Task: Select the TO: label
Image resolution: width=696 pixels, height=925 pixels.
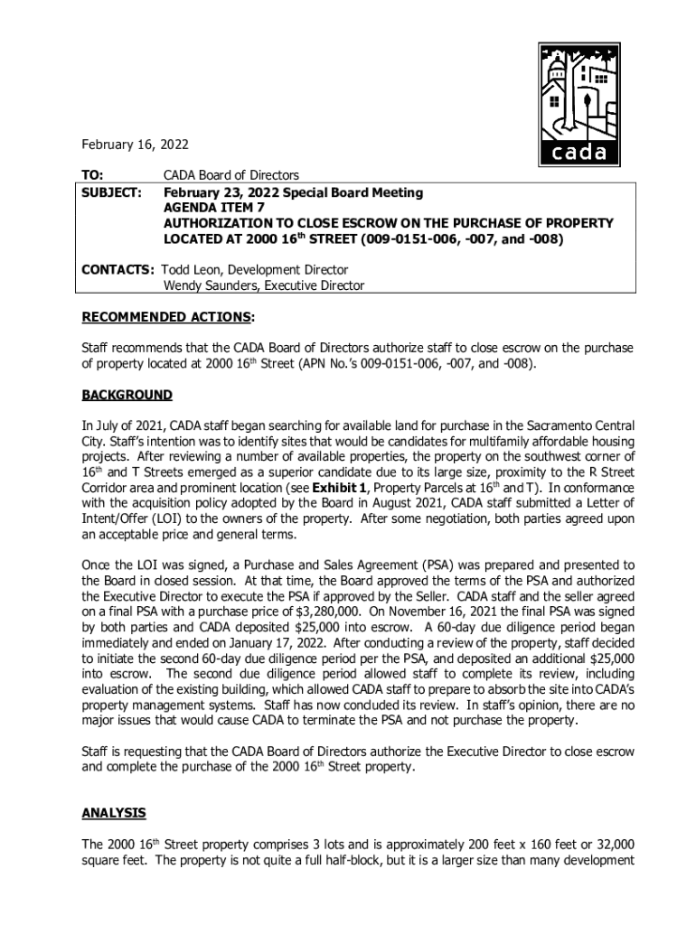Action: (x=93, y=174)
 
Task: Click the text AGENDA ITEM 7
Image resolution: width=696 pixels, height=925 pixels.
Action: (x=213, y=208)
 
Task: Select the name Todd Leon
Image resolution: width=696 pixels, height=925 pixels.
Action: (x=194, y=270)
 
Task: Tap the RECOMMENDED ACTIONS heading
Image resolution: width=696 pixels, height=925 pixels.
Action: (x=166, y=317)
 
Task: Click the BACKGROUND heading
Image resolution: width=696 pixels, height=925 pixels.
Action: (x=127, y=395)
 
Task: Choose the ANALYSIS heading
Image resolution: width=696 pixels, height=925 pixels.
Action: (x=114, y=813)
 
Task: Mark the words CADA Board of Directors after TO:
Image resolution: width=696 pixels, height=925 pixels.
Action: (x=230, y=174)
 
